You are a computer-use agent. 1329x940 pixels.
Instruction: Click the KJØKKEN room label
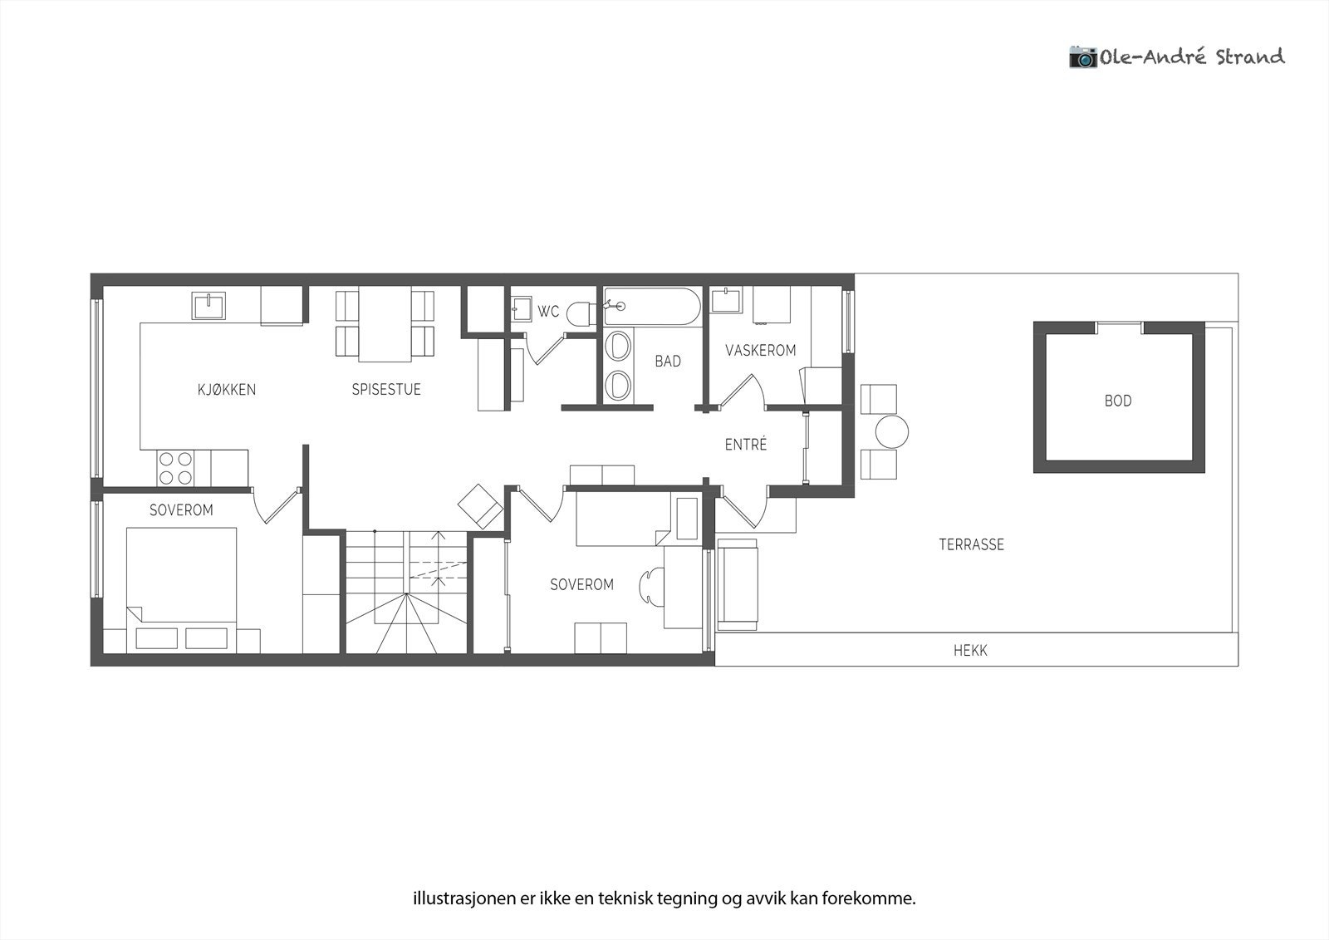pos(227,389)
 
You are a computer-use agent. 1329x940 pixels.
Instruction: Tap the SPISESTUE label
pos(386,389)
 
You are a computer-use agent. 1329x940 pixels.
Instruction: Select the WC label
pos(548,312)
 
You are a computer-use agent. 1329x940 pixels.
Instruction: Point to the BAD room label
pos(668,361)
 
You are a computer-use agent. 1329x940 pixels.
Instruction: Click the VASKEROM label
pos(760,350)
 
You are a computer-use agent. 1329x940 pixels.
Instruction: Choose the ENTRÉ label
pos(746,445)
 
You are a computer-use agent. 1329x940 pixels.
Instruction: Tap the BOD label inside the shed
pos(1117,401)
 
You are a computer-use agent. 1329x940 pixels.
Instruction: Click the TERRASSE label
pos(971,544)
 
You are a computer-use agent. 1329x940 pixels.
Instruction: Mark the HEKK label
pos(970,651)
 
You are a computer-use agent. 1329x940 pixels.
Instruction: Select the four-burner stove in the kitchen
pos(175,467)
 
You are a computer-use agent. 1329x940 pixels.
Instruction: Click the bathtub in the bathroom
pos(652,306)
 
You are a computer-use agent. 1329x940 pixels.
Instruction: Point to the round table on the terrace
pos(892,432)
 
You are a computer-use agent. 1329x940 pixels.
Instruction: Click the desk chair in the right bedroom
pos(650,587)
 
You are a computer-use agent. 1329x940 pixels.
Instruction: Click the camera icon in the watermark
pos(1082,57)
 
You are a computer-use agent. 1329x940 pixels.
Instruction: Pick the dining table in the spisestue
pos(385,324)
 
